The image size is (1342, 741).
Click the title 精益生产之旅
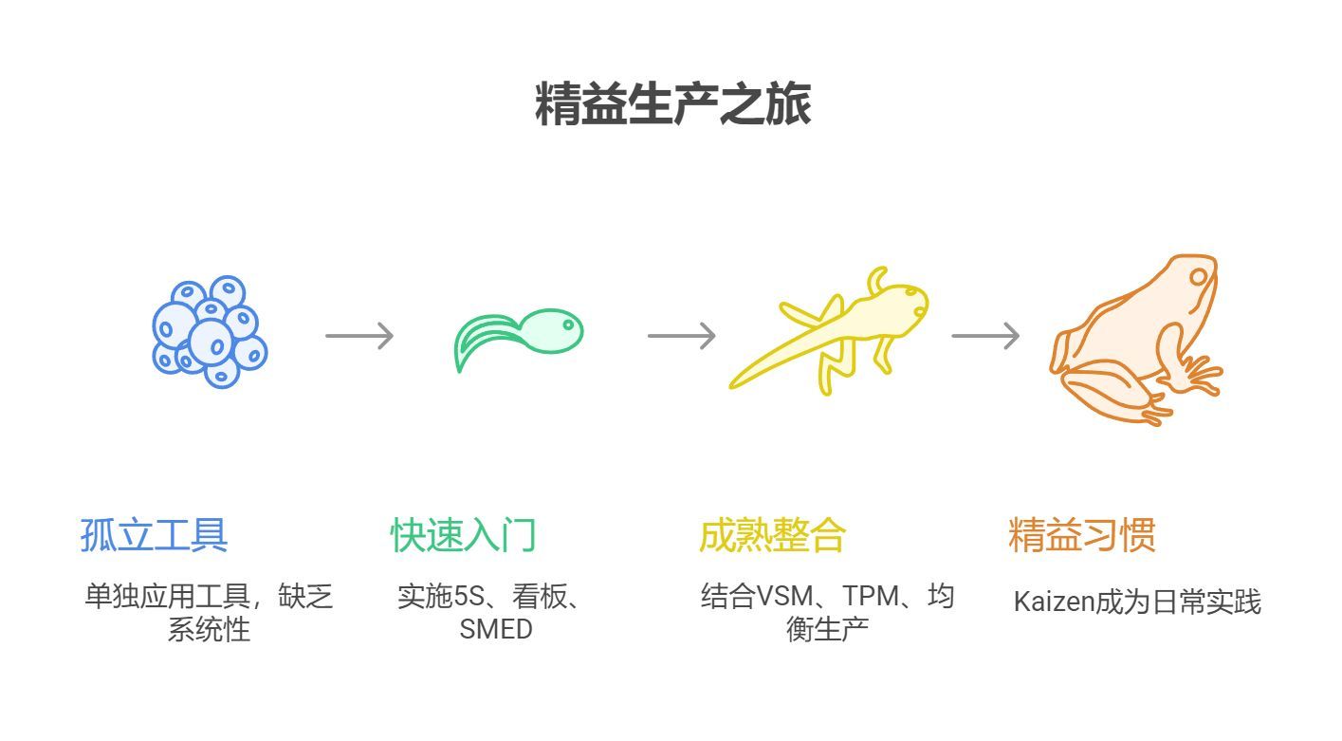[671, 104]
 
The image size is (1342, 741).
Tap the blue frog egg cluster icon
[210, 332]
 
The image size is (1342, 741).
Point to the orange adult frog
[1135, 339]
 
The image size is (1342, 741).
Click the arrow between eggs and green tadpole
[358, 336]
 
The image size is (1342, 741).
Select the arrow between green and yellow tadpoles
[681, 336]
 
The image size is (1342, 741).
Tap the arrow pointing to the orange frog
[984, 336]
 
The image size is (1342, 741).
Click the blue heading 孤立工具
[154, 536]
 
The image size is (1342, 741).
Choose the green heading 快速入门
[463, 536]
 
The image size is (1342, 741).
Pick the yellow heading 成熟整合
[772, 536]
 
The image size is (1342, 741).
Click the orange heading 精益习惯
[1081, 536]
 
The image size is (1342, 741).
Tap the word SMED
[496, 629]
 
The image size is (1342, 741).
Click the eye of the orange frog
[1200, 277]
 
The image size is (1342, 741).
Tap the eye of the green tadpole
[568, 324]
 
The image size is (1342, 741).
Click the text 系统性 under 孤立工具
[209, 629]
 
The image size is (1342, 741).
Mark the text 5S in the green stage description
[469, 597]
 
